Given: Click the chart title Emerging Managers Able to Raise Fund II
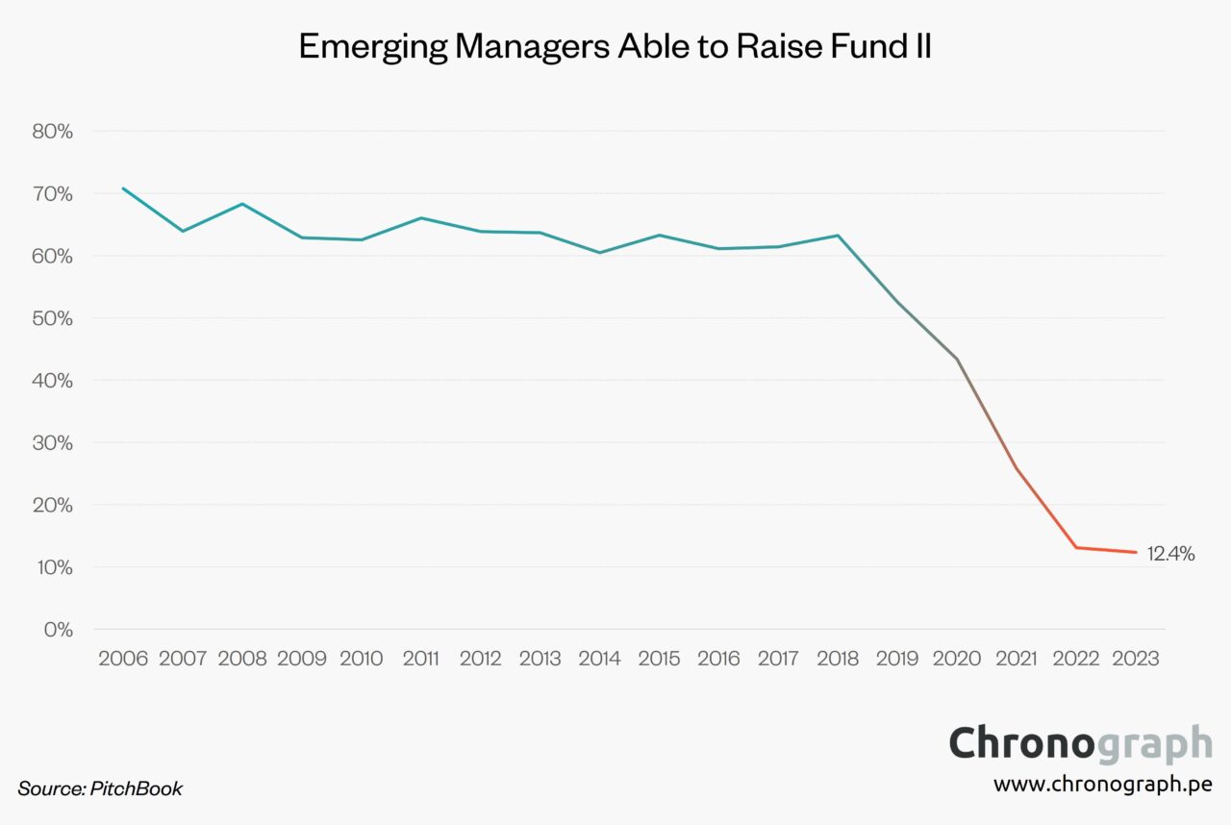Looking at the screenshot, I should (615, 46).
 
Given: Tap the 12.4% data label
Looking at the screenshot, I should (1170, 553).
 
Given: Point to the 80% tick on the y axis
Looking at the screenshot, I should (53, 132).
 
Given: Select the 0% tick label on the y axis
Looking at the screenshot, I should (58, 630).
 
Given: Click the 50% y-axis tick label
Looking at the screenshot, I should (53, 318).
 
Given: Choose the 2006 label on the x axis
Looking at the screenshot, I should (123, 659).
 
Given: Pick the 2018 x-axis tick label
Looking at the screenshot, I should (838, 659).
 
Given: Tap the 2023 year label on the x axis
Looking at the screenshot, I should (1136, 659).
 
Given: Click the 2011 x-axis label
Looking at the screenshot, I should (421, 659).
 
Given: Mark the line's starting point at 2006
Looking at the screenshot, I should (123, 188).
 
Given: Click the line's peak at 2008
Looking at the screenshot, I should (242, 204).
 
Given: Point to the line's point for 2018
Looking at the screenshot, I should (838, 236).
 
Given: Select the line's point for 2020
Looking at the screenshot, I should (957, 359).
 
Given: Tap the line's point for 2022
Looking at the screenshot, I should (1076, 547).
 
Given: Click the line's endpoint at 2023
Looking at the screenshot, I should (1136, 552).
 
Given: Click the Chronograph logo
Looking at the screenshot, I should (1080, 744).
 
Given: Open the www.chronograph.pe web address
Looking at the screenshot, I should (1102, 784).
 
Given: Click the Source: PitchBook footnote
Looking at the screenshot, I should (100, 788).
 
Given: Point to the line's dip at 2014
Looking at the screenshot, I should (600, 253).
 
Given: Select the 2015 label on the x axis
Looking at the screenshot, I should (659, 659).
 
